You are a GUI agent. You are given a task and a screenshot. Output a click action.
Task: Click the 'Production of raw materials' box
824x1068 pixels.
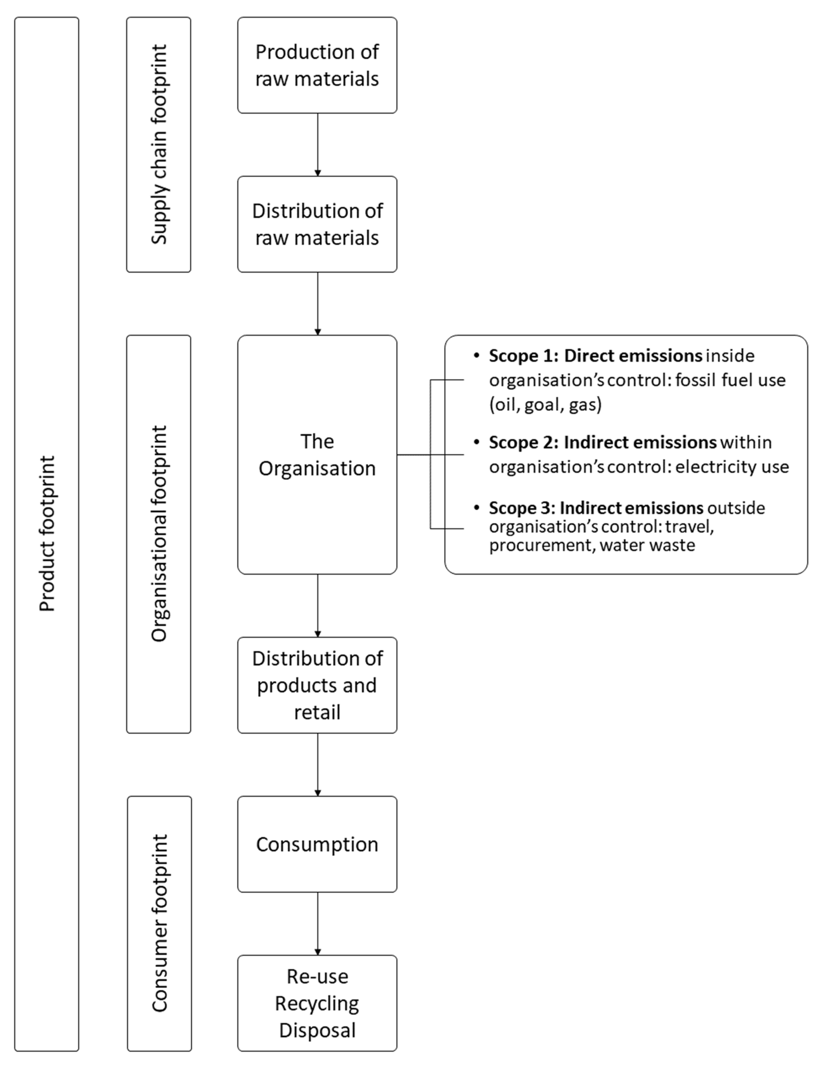[317, 65]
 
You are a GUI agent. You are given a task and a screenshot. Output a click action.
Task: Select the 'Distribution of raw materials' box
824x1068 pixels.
[317, 224]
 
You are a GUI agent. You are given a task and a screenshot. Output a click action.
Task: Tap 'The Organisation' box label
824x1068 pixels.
[317, 455]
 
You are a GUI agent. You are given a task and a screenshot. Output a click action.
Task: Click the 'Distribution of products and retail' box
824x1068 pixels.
[317, 685]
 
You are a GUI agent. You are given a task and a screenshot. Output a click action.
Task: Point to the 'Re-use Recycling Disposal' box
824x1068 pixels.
[317, 1003]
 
